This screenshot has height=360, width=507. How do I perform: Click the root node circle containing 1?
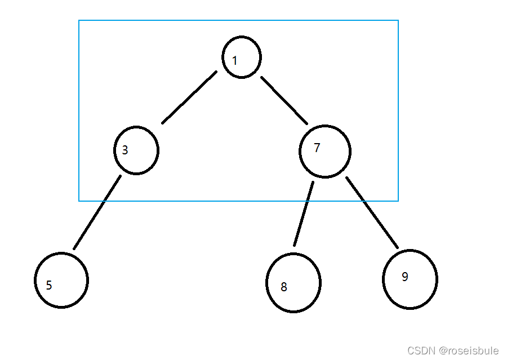242,57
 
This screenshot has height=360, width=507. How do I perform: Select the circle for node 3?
136,150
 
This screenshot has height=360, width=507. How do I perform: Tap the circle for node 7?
325,152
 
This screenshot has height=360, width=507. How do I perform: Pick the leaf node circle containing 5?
62,281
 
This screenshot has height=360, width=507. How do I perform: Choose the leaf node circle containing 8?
293,283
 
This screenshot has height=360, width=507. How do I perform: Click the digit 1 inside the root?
235,60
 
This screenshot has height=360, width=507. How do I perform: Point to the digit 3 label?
125,150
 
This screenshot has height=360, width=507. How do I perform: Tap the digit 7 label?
317,148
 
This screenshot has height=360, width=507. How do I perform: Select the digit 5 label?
49,285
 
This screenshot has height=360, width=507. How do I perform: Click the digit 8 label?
284,287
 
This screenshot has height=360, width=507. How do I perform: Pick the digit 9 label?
405,277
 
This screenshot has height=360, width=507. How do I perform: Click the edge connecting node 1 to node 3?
189,97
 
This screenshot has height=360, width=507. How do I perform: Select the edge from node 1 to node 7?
284,100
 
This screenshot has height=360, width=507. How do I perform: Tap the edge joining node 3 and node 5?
97,212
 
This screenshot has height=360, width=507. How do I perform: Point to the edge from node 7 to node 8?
303,214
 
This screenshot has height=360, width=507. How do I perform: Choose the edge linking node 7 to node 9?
372,212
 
